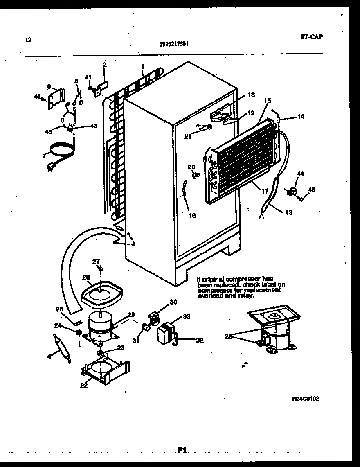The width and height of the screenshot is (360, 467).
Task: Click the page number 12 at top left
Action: pyautogui.click(x=28, y=40)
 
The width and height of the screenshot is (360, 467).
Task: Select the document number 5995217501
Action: pyautogui.click(x=175, y=45)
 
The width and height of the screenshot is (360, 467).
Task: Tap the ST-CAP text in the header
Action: pyautogui.click(x=311, y=37)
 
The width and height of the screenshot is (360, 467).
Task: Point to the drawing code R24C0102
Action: pyautogui.click(x=306, y=399)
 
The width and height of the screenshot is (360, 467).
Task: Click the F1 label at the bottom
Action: pyautogui.click(x=182, y=451)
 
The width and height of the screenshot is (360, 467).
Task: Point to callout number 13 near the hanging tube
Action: pyautogui.click(x=289, y=212)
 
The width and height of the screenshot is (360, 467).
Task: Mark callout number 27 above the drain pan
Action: pyautogui.click(x=96, y=262)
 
